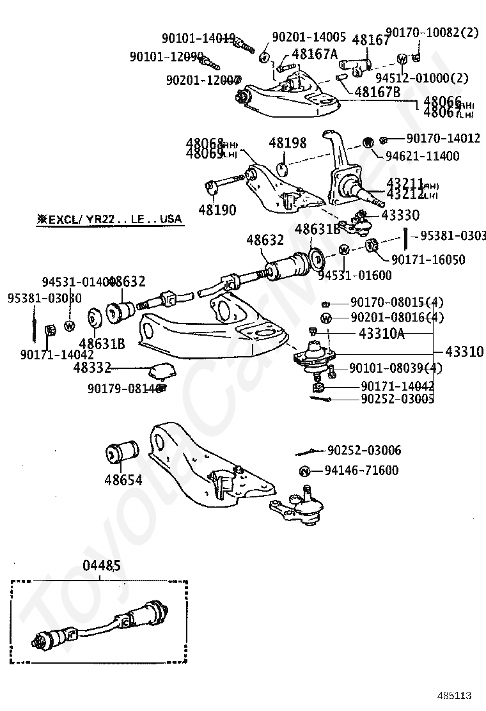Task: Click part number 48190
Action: (x=217, y=209)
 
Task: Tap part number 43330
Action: (x=400, y=215)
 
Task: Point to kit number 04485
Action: (x=101, y=566)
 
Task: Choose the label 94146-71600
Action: (x=361, y=471)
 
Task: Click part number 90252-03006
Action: (x=364, y=451)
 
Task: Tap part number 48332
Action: (x=92, y=367)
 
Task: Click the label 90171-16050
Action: (x=428, y=260)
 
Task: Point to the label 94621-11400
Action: (x=422, y=155)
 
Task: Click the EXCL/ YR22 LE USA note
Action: (x=109, y=219)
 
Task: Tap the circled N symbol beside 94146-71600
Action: (x=305, y=471)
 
